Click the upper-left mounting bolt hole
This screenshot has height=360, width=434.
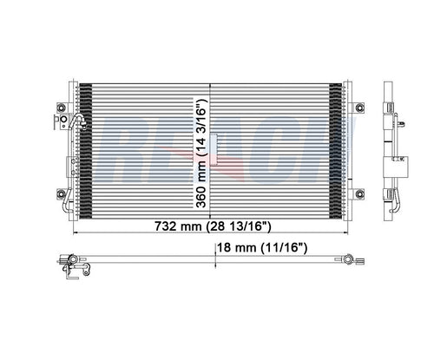60,107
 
